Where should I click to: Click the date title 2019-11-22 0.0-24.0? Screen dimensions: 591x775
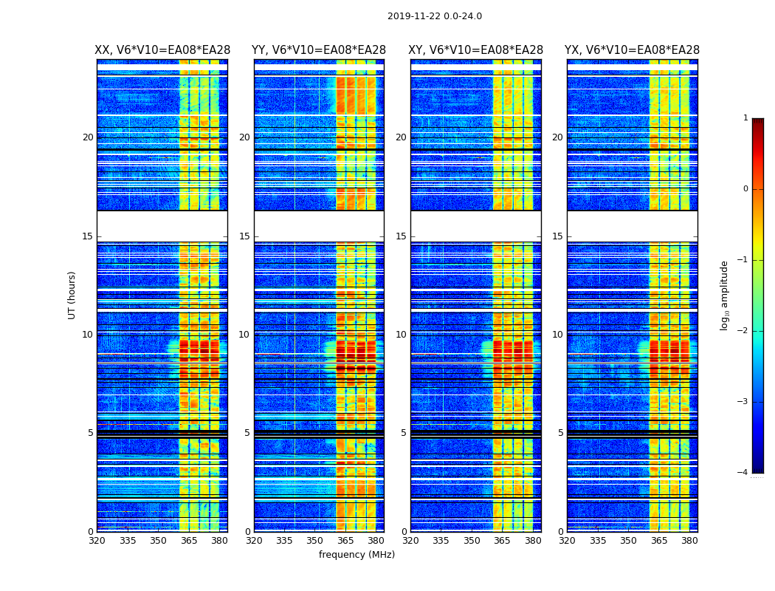click(434, 16)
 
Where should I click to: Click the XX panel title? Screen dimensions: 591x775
click(162, 50)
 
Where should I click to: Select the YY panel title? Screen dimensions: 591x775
click(319, 50)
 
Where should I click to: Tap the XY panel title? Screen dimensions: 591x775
click(475, 50)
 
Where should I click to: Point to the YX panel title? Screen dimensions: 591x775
click(632, 50)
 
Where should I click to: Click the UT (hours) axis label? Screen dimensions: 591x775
click(72, 295)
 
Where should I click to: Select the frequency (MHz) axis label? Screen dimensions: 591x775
click(356, 555)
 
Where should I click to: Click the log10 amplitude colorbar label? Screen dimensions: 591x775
click(725, 295)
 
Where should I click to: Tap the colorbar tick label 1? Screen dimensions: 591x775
click(745, 118)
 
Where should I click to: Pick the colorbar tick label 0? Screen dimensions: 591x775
click(745, 189)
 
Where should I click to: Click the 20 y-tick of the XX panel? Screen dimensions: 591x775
click(88, 137)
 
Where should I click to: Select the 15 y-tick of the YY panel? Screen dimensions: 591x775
click(244, 236)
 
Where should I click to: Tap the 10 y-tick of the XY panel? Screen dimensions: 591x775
click(401, 335)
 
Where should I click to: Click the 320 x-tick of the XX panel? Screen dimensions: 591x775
click(97, 541)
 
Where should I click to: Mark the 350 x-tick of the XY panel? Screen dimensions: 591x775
click(472, 541)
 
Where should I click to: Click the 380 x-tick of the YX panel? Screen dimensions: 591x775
click(689, 541)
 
